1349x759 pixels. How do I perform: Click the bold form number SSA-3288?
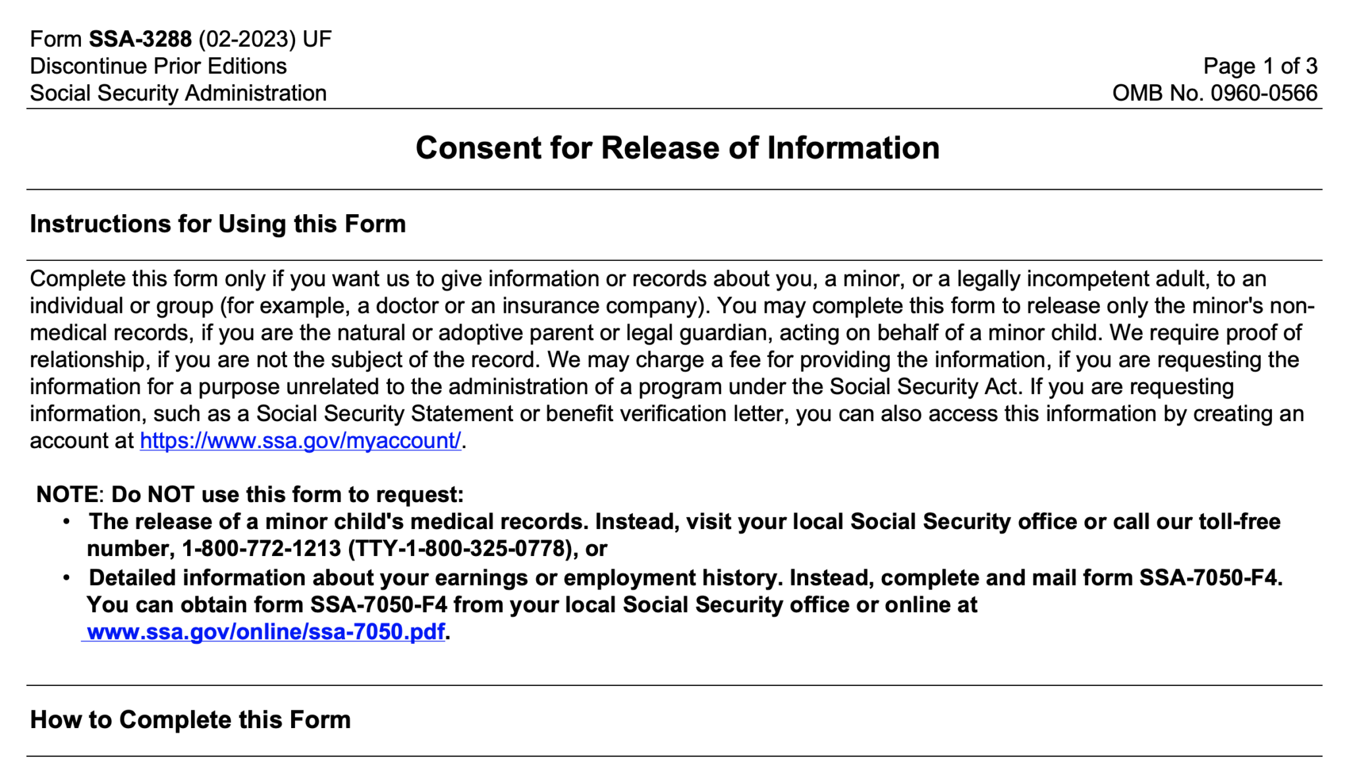coord(140,40)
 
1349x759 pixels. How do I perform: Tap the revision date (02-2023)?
coord(246,40)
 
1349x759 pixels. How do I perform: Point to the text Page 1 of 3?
coord(1259,66)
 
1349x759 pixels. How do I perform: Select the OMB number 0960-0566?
coord(1263,93)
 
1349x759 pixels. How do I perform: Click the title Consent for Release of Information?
coord(677,148)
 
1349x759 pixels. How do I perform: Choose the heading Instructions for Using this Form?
coord(217,224)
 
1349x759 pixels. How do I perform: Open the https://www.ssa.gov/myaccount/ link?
coord(300,440)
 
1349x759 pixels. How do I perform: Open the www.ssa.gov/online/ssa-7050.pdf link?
coord(265,631)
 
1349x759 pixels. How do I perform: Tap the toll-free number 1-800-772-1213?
coord(262,548)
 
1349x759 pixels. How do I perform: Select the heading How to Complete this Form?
coord(190,719)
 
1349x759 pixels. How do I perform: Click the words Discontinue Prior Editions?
coord(158,66)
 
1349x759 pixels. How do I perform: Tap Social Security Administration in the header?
coord(178,93)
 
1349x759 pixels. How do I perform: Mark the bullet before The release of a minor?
coord(67,522)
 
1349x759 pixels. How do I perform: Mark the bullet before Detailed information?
coord(67,578)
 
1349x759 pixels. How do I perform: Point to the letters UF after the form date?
coord(317,40)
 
